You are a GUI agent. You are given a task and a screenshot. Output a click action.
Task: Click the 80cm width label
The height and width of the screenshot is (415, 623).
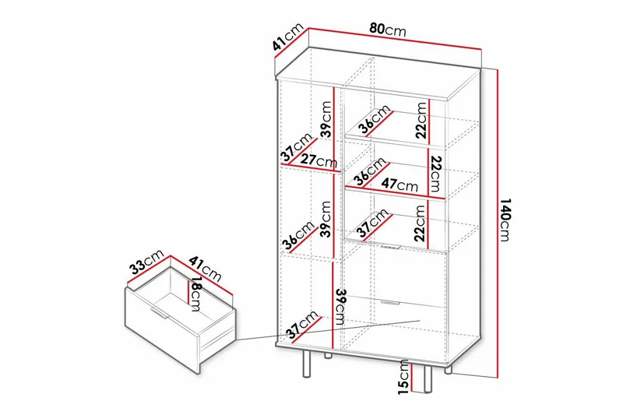(x=387, y=30)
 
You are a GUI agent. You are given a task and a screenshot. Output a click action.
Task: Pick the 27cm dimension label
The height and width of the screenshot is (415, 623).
(x=320, y=163)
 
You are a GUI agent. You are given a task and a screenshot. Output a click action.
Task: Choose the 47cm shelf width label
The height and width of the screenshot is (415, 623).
(x=400, y=186)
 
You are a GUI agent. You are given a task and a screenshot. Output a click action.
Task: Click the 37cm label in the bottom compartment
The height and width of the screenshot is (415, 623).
(x=304, y=326)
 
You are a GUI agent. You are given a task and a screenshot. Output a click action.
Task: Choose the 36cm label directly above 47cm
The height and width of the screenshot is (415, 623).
(x=368, y=172)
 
